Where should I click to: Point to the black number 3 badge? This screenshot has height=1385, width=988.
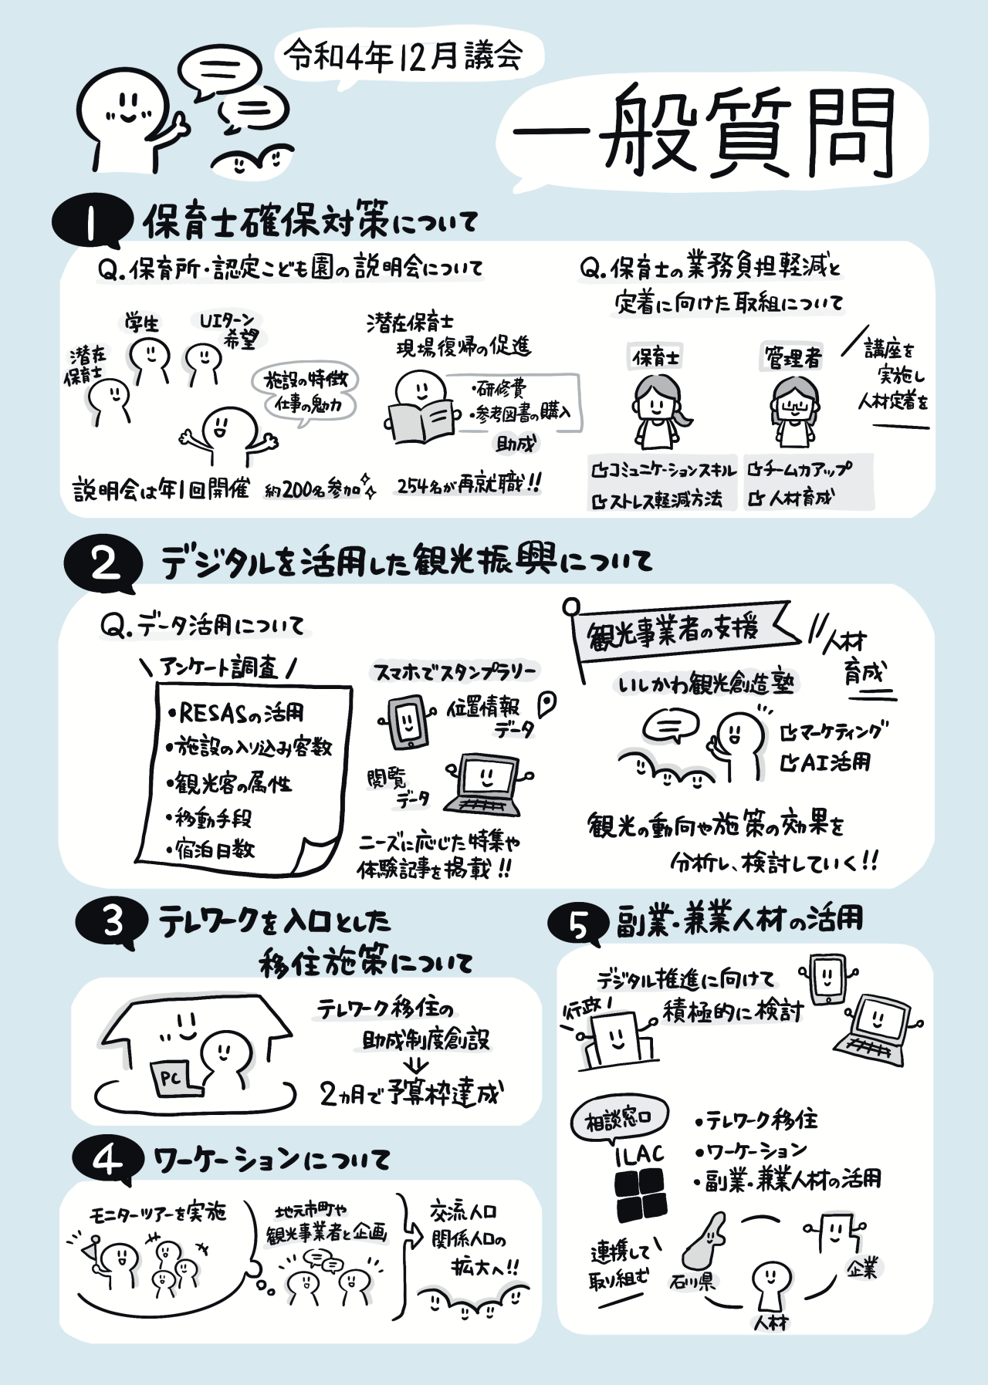point(113,921)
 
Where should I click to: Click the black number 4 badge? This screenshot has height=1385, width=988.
point(108,1159)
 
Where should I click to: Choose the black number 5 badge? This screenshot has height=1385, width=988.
point(578,924)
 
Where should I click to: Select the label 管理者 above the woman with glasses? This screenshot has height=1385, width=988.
point(793,357)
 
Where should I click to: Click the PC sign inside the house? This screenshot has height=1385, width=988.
point(171,1077)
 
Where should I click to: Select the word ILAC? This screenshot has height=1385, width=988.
point(639,1155)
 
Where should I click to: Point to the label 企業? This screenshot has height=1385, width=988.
point(861,1268)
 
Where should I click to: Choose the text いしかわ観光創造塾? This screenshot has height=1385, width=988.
point(705,684)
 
